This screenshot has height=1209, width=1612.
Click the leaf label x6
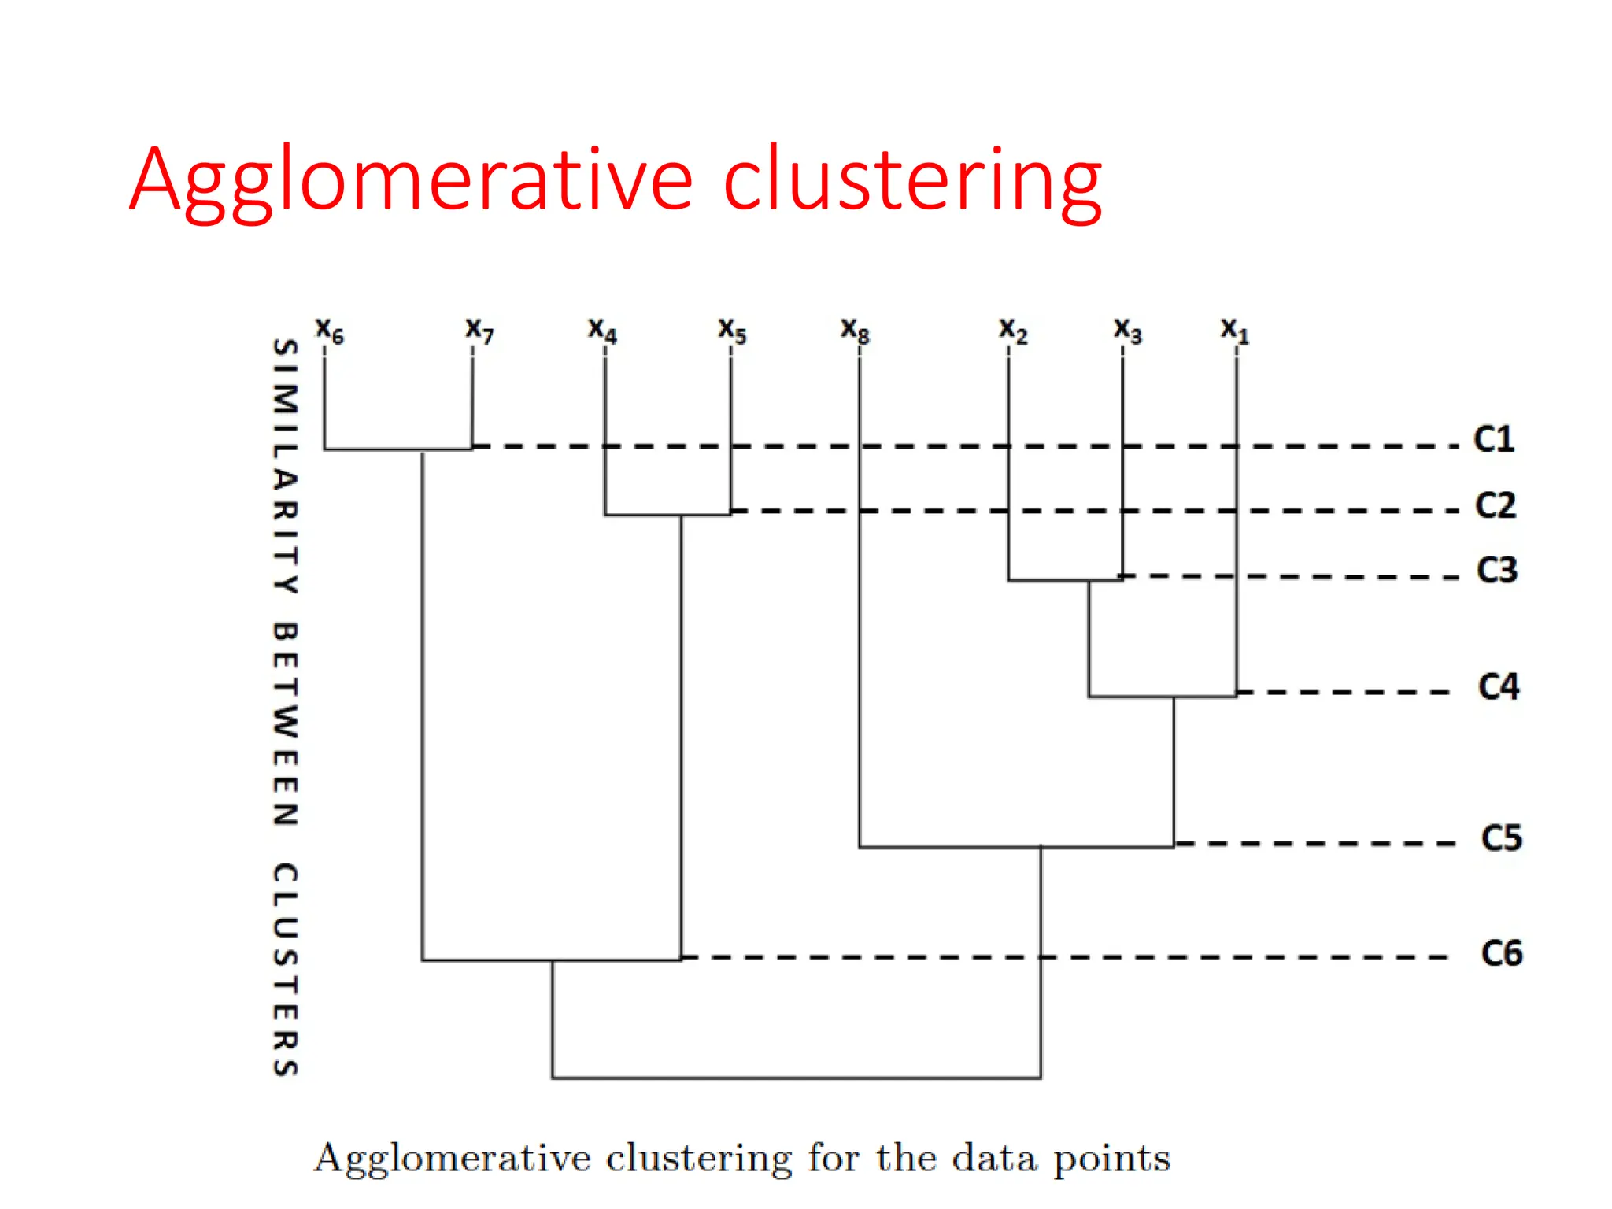pyautogui.click(x=329, y=331)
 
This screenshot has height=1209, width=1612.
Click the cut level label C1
pyautogui.click(x=1493, y=439)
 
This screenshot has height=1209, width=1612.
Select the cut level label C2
pyautogui.click(x=1495, y=505)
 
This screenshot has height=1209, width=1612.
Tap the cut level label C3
pyautogui.click(x=1496, y=570)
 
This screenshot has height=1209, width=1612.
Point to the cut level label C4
pyautogui.click(x=1499, y=686)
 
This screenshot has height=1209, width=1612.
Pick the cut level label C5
pyautogui.click(x=1501, y=837)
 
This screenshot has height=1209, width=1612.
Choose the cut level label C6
pyautogui.click(x=1502, y=953)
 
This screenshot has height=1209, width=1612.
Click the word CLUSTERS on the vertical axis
pyautogui.click(x=285, y=969)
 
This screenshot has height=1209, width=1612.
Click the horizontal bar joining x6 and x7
pyautogui.click(x=397, y=449)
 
